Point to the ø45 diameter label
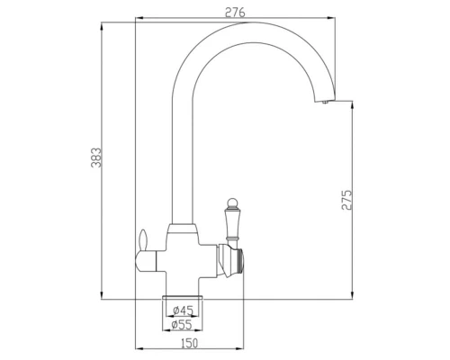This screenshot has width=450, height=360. point(184,310)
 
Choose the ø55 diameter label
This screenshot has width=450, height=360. point(184,326)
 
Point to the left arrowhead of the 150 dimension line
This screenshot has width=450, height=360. point(136,346)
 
